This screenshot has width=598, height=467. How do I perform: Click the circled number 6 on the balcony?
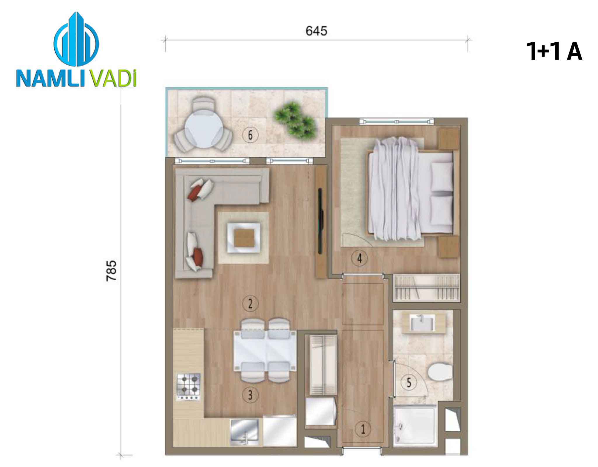250,135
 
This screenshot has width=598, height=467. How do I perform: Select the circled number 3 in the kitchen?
250,395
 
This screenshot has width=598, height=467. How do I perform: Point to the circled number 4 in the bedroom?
359,258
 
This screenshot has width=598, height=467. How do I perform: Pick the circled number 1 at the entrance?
363,429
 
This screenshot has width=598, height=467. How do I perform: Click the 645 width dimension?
317,31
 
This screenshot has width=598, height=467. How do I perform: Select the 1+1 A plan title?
554,52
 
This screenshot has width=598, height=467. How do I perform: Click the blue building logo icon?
77,39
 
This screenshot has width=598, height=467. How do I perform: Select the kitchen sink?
245,433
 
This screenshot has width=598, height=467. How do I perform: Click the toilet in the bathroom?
439,372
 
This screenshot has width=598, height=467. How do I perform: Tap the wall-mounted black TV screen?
321,221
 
